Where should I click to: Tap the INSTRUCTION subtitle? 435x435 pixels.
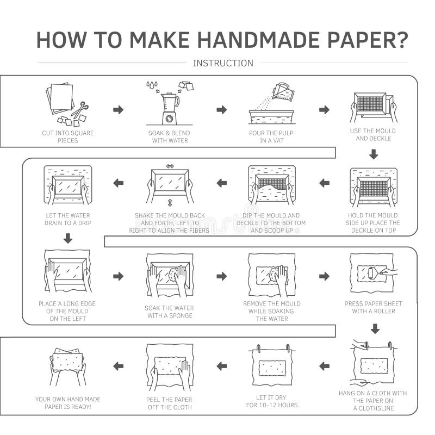223,63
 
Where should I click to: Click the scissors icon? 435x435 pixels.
80,109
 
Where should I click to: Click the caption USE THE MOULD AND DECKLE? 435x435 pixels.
373,134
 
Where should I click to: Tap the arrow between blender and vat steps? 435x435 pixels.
221,110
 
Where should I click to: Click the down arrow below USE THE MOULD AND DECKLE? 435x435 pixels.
373,154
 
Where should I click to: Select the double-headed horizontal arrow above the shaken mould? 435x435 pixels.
170,166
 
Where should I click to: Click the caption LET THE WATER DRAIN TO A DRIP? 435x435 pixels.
67,219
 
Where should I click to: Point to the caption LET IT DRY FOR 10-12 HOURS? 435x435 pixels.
272,401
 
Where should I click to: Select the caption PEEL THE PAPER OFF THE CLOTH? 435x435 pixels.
170,403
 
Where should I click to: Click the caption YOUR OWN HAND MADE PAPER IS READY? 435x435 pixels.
68,403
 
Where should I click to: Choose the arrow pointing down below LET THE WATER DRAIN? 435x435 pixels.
68,238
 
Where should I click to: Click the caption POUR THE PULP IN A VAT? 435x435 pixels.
272,136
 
